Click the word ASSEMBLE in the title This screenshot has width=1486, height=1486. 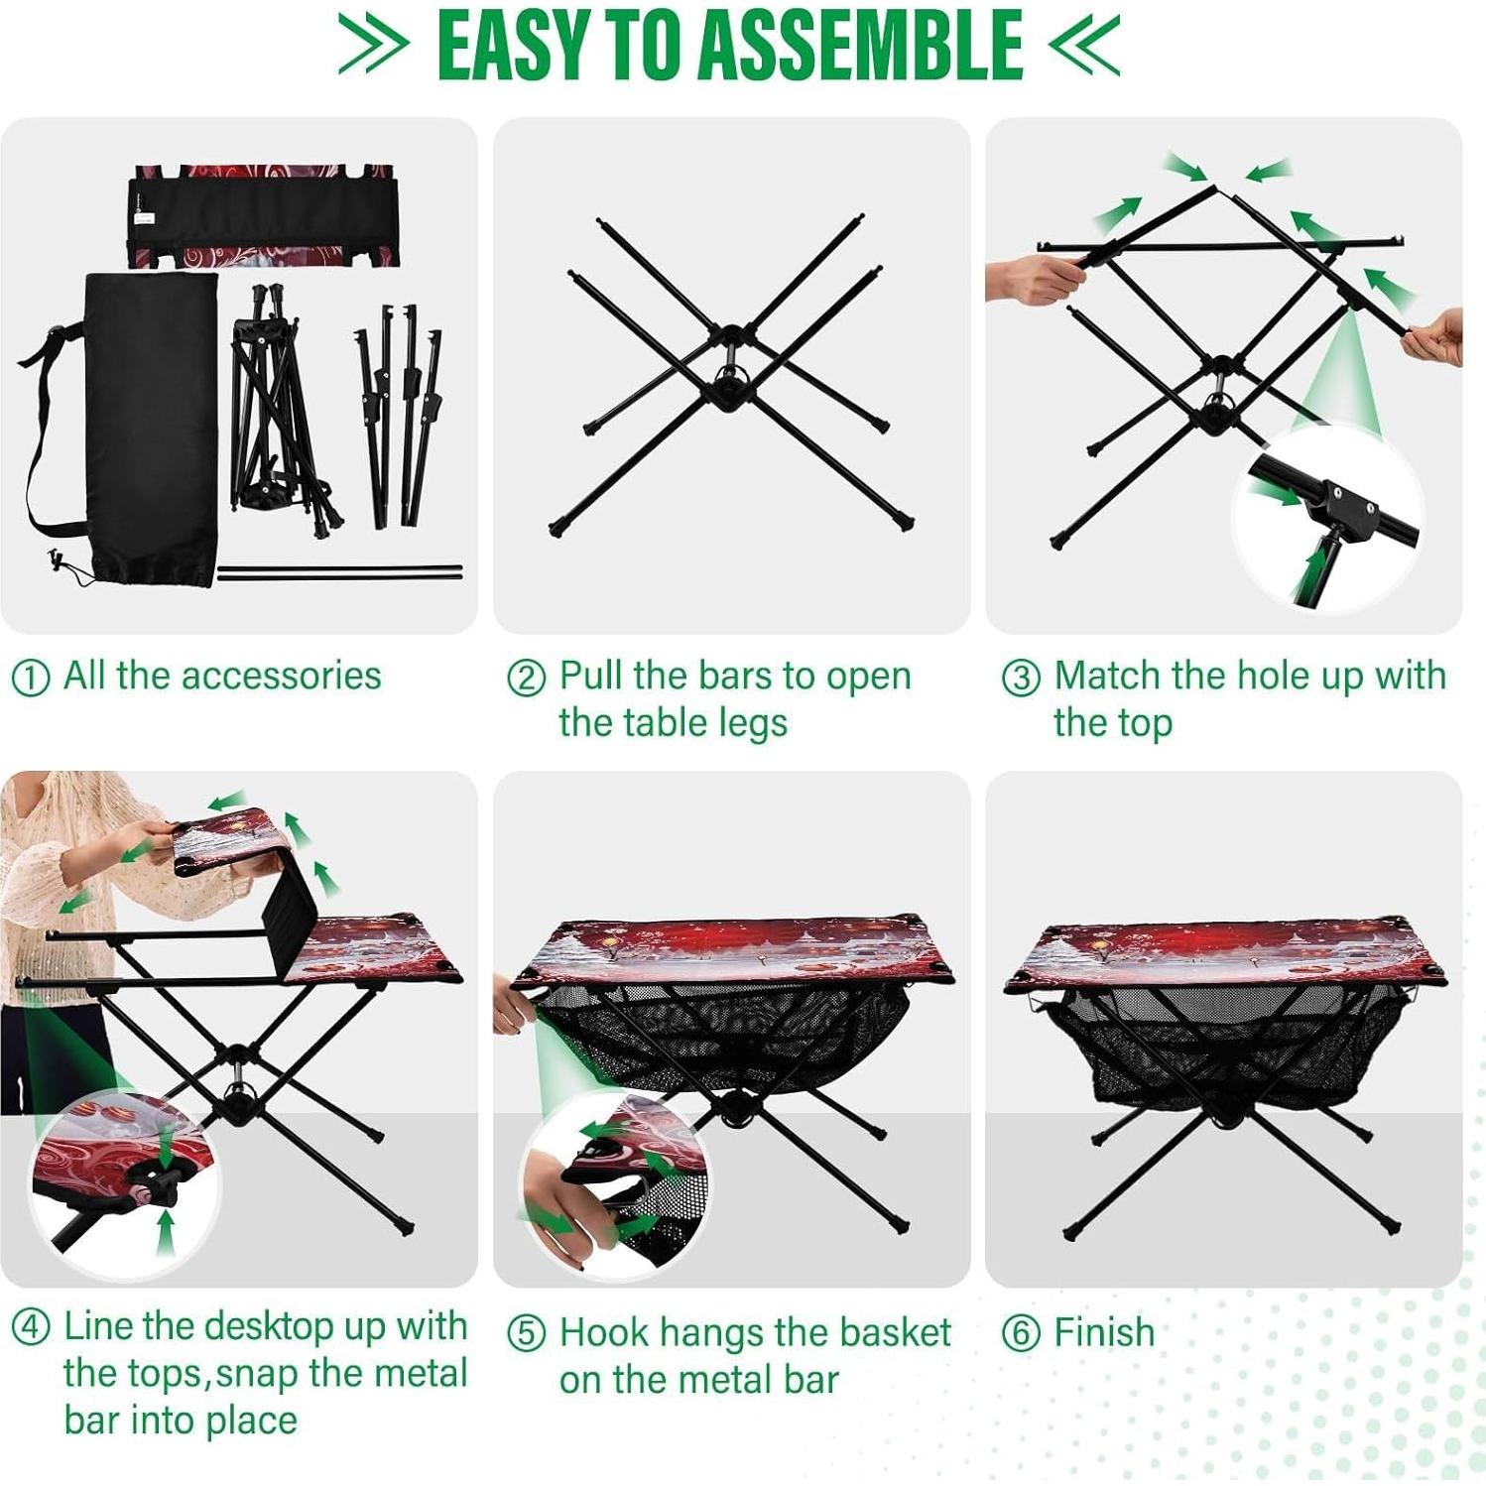860,47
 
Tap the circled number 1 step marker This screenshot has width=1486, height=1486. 30,679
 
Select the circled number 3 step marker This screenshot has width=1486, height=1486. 1021,679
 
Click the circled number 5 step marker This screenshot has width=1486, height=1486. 526,1334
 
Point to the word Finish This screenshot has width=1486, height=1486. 1104,1332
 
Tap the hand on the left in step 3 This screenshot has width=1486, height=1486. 1032,278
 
